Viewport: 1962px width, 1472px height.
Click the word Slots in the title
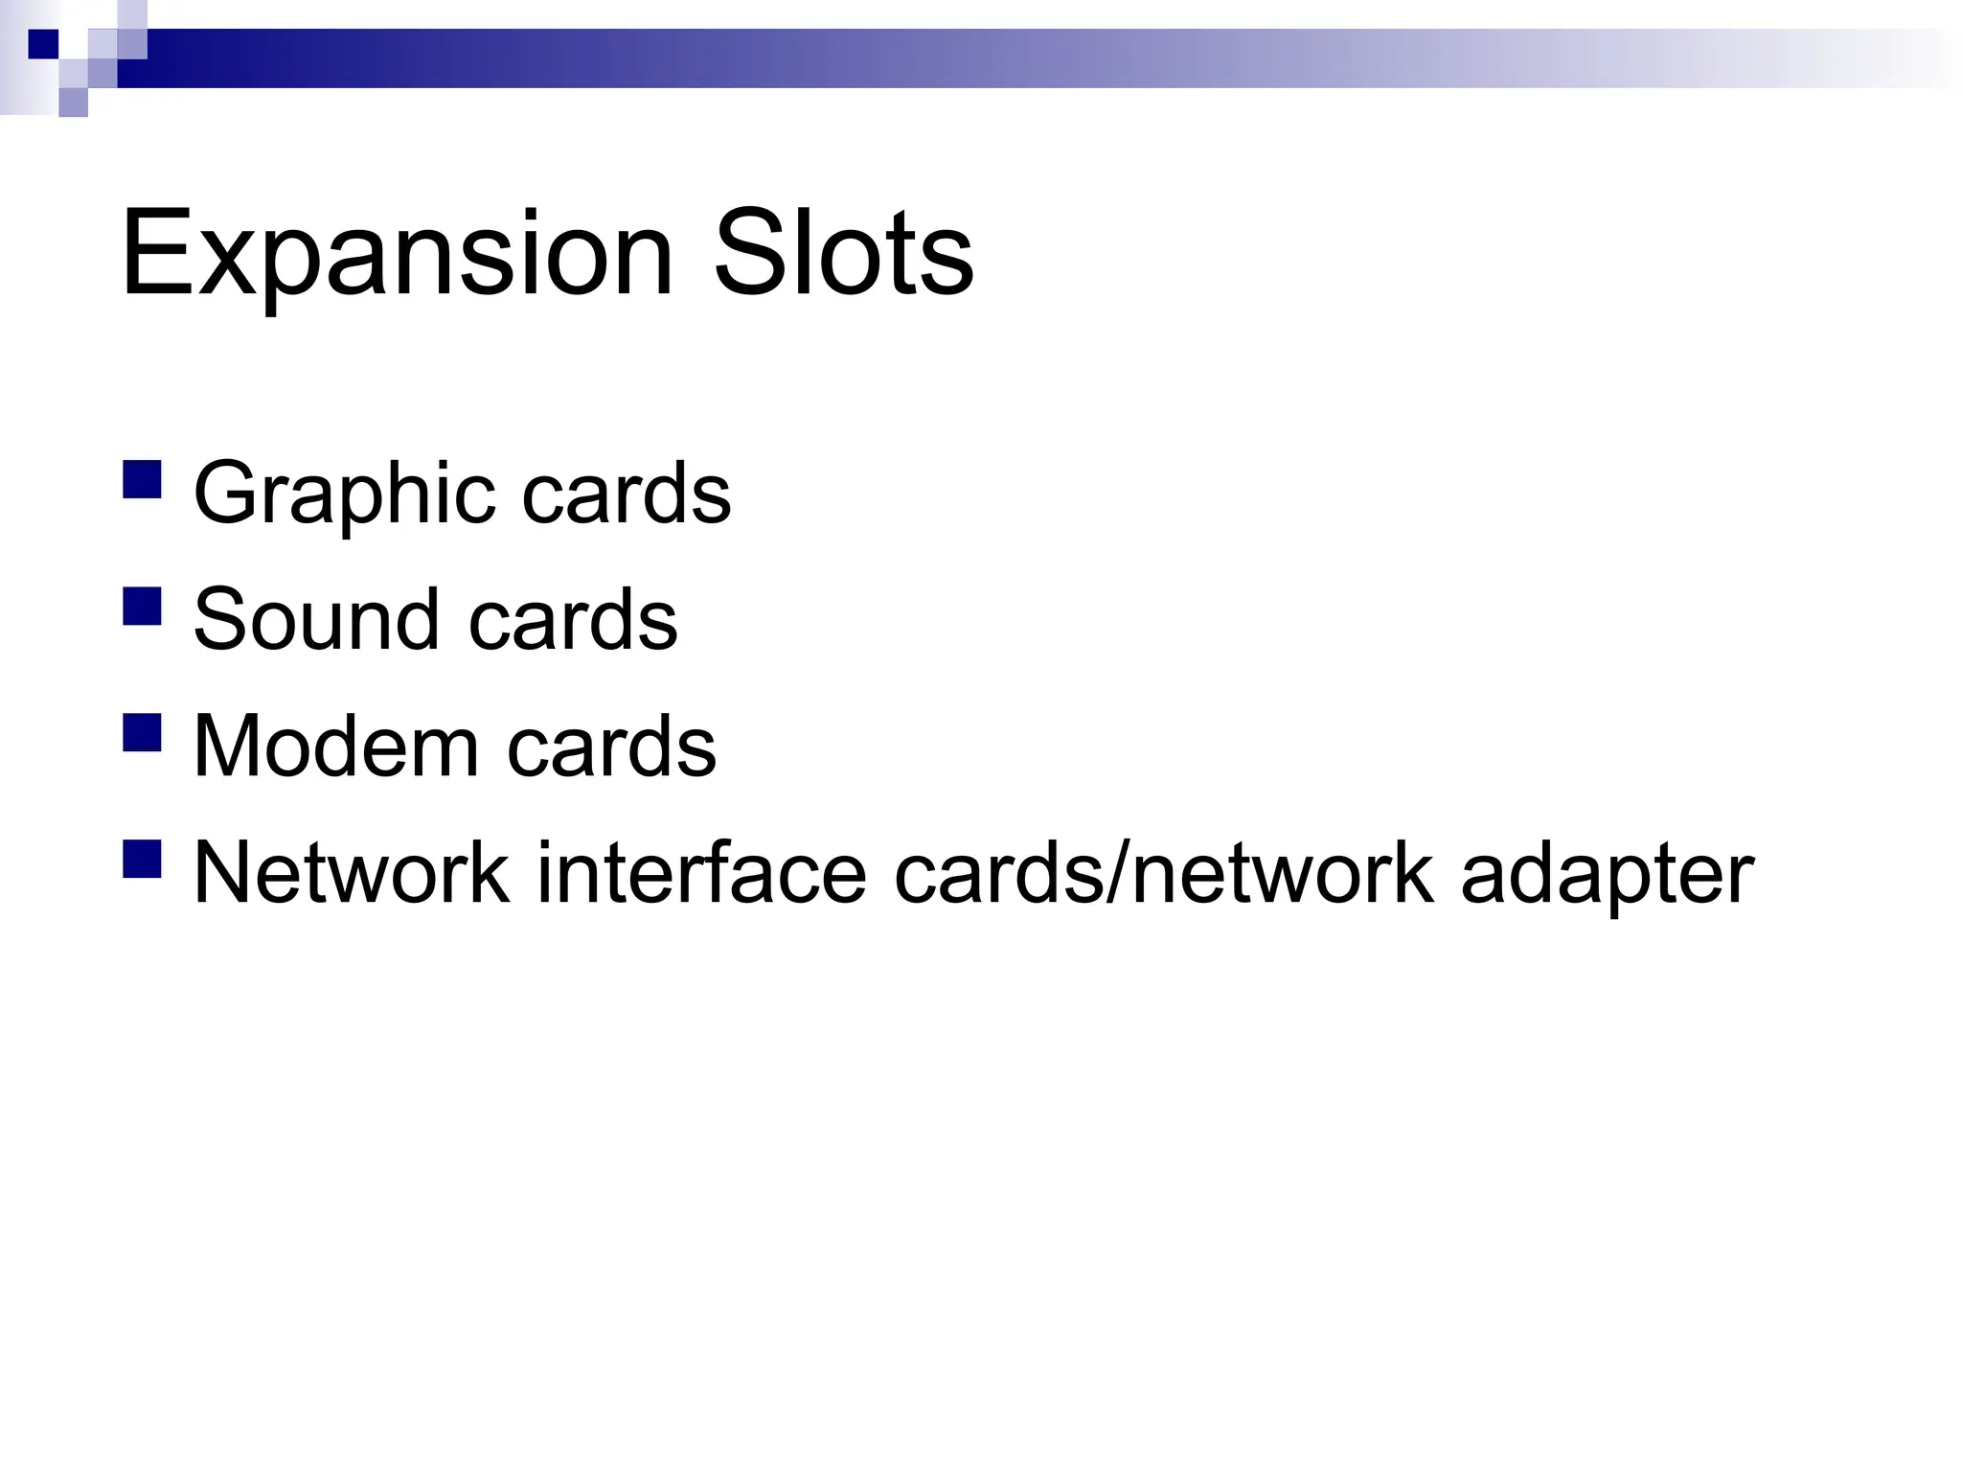843,254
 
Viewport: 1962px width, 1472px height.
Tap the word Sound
316,619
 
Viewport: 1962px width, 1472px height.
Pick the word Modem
334,746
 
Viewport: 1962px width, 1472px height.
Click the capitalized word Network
351,872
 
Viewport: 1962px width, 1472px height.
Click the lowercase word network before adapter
1284,872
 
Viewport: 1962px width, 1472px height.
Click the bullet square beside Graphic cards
142,480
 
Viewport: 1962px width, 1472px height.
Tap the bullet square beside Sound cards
142,607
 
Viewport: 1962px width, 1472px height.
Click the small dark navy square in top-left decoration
43,44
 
